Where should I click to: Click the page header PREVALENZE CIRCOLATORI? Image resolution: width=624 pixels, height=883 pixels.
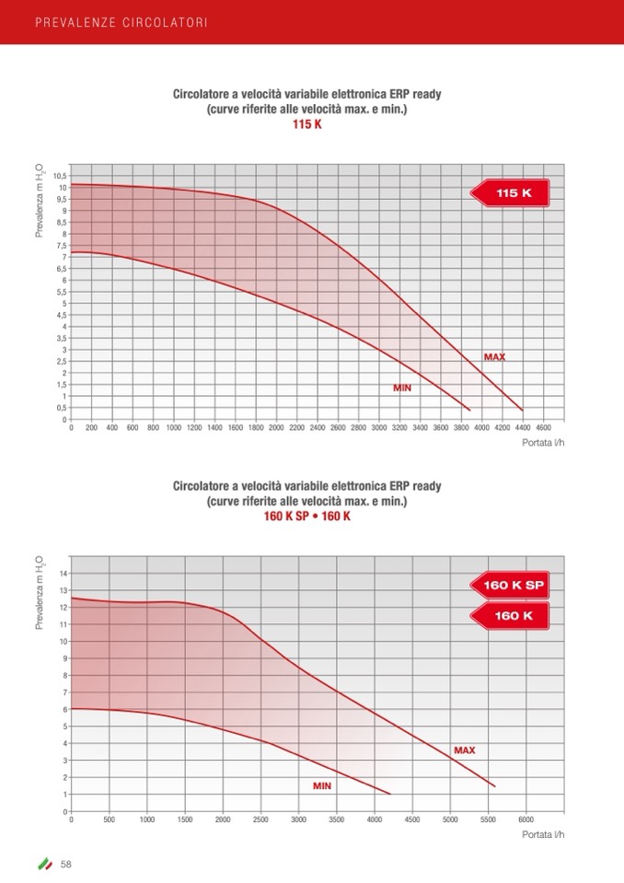click(x=121, y=21)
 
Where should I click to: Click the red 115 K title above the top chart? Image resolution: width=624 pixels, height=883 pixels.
click(x=307, y=123)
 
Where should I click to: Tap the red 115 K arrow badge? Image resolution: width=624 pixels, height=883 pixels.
click(x=512, y=193)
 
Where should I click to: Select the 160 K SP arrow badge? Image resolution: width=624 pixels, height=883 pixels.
click(x=512, y=584)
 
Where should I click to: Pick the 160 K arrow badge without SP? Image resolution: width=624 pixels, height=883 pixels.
click(x=512, y=615)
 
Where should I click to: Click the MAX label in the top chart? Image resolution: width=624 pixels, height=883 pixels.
click(x=494, y=356)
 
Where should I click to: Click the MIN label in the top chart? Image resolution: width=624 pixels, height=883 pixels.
click(x=402, y=388)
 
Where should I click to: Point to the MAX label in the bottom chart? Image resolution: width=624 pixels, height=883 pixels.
click(x=464, y=750)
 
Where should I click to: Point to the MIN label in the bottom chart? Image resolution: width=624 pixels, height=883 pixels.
click(x=321, y=785)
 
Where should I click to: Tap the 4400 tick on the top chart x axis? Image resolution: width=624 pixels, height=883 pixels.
click(x=522, y=428)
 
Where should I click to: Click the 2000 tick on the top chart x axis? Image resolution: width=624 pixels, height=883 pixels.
click(x=276, y=428)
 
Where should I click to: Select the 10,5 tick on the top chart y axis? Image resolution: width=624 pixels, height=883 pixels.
click(x=59, y=176)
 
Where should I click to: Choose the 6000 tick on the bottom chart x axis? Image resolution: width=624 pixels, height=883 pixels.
click(x=526, y=819)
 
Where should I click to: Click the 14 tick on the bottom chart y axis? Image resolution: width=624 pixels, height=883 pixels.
click(x=63, y=574)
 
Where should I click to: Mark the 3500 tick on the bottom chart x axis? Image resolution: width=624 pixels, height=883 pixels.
click(x=336, y=819)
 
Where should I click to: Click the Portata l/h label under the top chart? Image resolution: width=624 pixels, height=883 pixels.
click(x=543, y=443)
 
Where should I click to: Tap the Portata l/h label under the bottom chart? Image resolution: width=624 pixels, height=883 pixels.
click(x=543, y=834)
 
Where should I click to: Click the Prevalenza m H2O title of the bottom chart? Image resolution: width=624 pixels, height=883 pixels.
click(x=40, y=592)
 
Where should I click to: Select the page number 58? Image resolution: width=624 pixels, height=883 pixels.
click(x=66, y=864)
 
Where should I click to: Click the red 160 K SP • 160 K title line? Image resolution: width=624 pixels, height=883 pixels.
click(x=307, y=516)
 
